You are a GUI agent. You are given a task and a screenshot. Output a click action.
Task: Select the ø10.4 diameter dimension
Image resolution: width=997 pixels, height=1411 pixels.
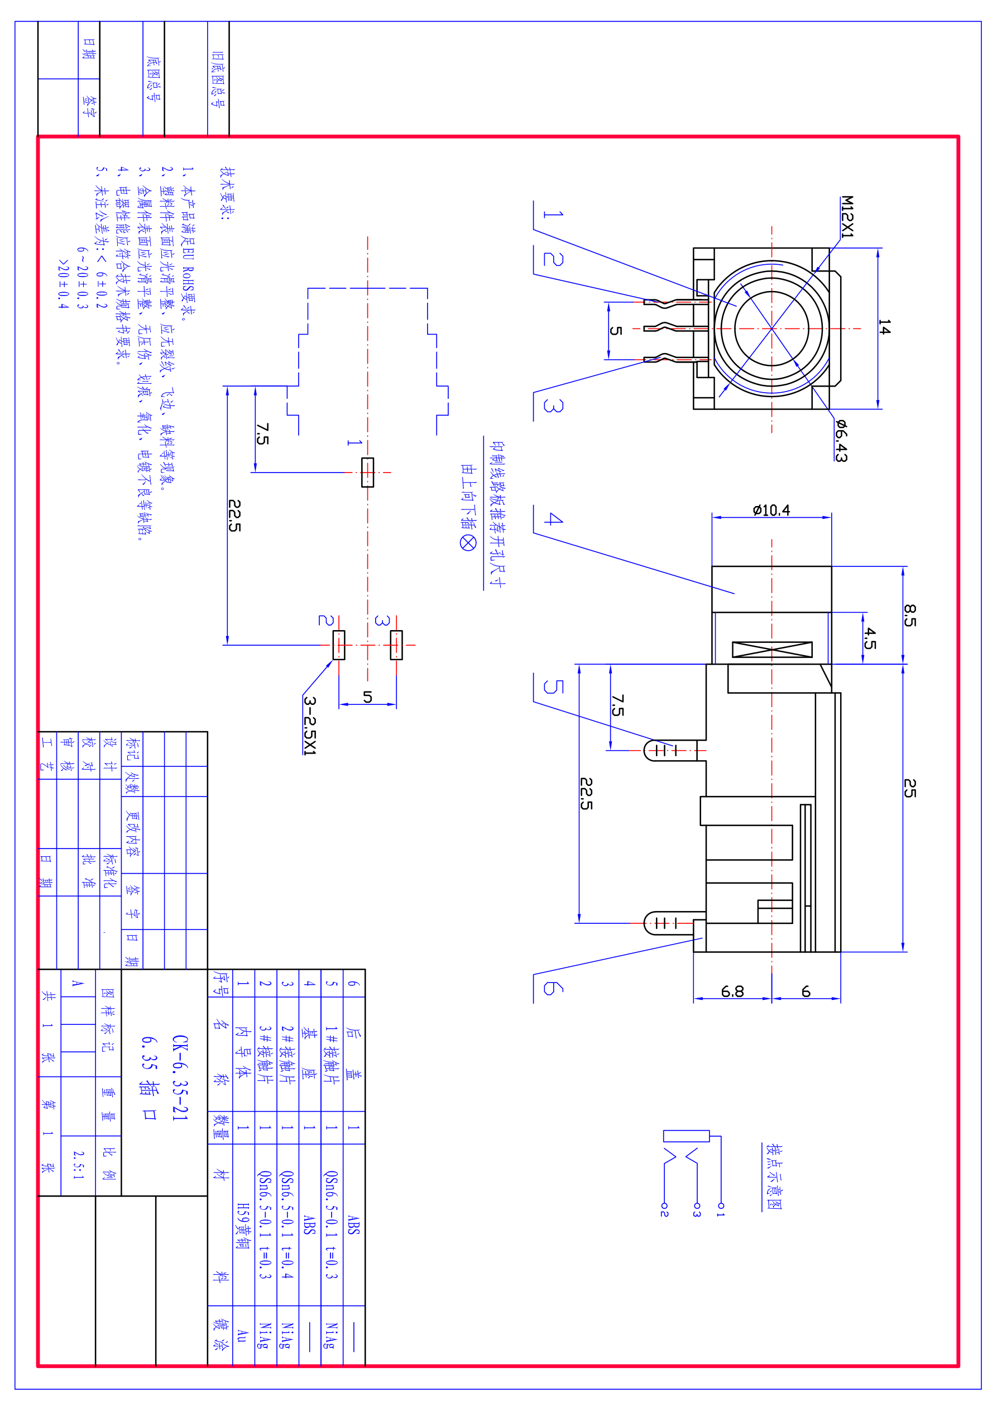(x=771, y=510)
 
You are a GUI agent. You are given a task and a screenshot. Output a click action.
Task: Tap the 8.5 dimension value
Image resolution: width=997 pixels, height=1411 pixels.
(x=910, y=615)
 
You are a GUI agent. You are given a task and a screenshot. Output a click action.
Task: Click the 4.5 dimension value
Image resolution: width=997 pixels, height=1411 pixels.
(x=870, y=638)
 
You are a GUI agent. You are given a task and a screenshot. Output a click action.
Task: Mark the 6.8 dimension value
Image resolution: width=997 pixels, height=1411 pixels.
(x=732, y=991)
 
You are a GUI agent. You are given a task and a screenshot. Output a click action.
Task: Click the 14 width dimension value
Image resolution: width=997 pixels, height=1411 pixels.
(x=884, y=327)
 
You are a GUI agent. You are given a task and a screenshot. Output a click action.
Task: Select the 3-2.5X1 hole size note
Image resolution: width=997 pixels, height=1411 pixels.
(x=310, y=725)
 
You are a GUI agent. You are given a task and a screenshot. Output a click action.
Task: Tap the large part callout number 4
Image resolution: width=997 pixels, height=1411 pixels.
(x=553, y=519)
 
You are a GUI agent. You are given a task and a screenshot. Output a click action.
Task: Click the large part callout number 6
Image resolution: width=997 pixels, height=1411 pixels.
(x=553, y=988)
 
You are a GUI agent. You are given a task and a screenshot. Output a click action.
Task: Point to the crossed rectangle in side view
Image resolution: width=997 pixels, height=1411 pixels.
(x=772, y=650)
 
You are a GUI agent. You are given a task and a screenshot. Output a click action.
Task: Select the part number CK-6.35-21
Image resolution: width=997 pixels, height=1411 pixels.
(x=180, y=1078)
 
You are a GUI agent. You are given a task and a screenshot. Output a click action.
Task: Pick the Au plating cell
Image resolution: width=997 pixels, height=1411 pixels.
(x=243, y=1336)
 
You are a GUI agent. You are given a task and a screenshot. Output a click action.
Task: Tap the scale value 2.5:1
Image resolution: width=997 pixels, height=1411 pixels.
(x=78, y=1165)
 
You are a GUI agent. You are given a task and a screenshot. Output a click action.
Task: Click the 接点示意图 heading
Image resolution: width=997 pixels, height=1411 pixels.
(x=773, y=1176)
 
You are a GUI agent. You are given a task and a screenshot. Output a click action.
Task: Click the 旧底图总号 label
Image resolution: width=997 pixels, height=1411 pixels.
(x=218, y=79)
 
